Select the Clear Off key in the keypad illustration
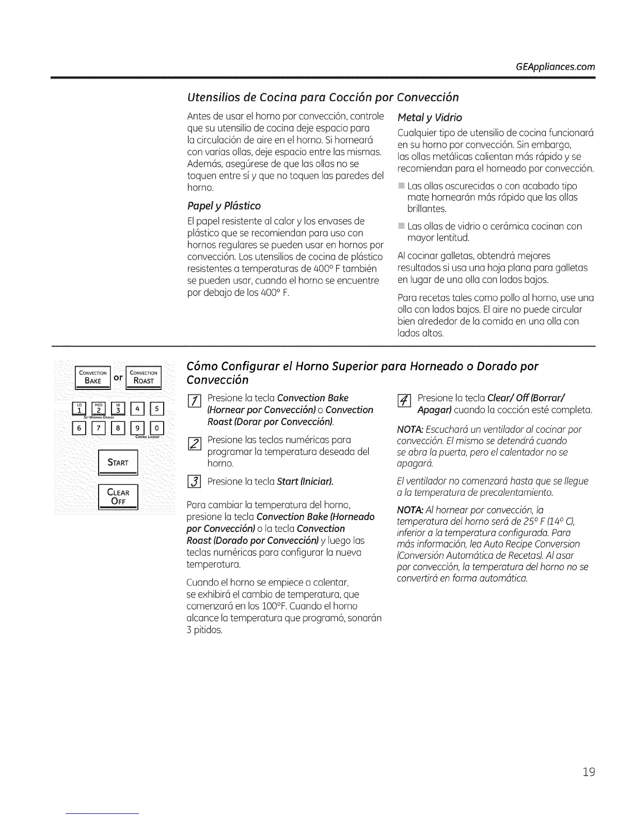[x=118, y=497]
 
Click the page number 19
[x=588, y=772]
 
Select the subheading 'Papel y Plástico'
[x=224, y=206]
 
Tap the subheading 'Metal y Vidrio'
[x=430, y=117]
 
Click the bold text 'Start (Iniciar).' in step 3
[x=305, y=482]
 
